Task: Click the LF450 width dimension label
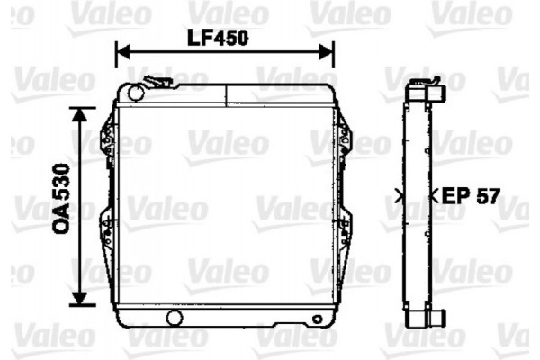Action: click(x=218, y=38)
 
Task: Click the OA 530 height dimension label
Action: click(x=61, y=199)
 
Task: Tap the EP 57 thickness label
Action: click(x=470, y=196)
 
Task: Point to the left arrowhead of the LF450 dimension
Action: click(x=123, y=52)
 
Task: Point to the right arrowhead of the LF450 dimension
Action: click(x=326, y=52)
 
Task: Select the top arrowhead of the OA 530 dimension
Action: click(x=80, y=115)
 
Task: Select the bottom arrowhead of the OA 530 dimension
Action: click(x=80, y=298)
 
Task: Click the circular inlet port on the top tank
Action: click(x=136, y=93)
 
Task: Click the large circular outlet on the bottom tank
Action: click(x=175, y=318)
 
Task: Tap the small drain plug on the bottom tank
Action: click(x=317, y=319)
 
